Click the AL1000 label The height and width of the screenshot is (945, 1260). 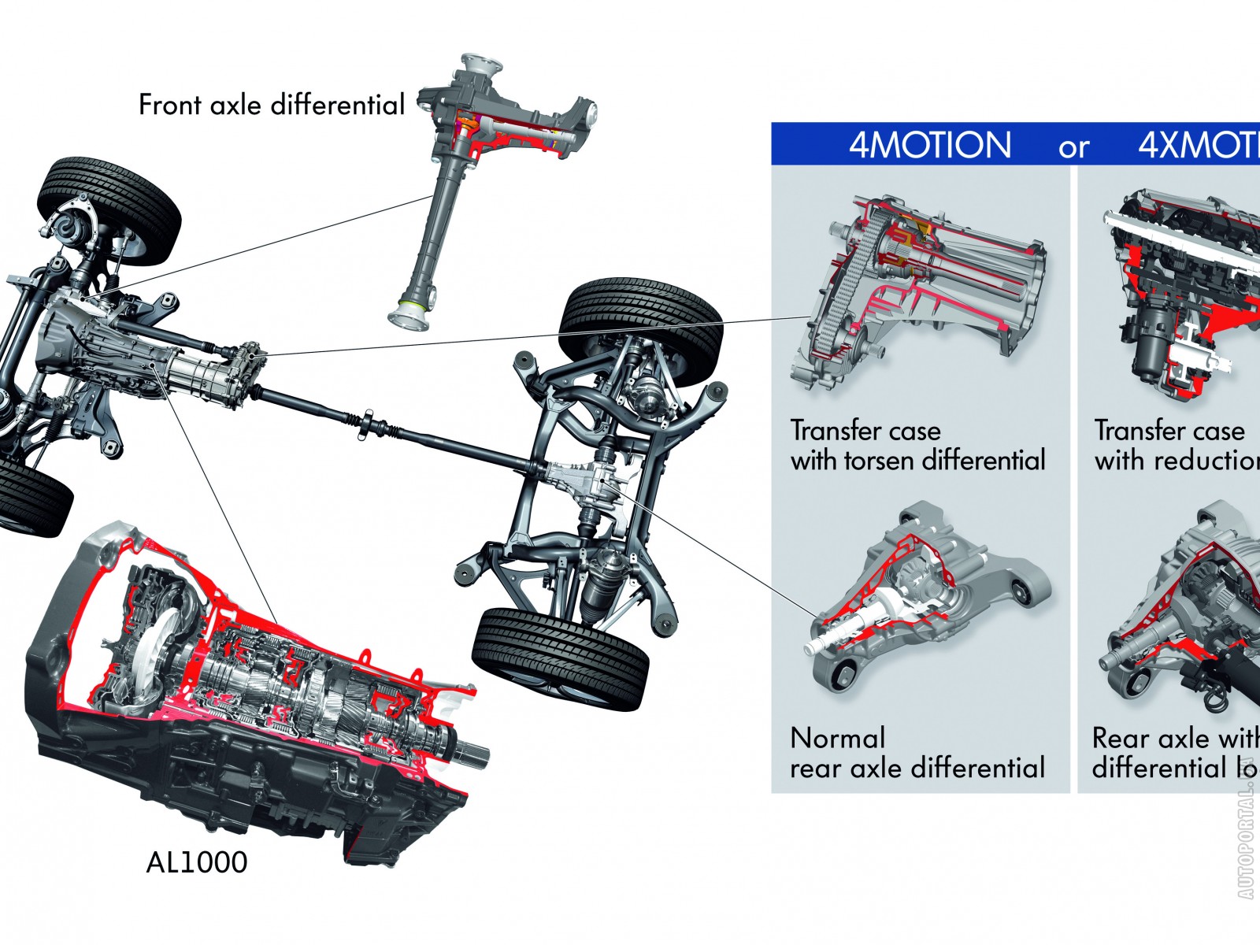point(197,862)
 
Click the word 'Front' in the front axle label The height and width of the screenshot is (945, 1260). point(170,105)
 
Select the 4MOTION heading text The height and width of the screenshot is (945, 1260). point(929,145)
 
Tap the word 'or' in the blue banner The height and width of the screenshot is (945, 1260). point(1074,147)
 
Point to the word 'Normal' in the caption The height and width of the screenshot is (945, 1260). point(837,738)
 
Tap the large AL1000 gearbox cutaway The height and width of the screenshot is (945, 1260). point(252,693)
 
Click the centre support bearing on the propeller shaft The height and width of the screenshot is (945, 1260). point(368,423)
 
